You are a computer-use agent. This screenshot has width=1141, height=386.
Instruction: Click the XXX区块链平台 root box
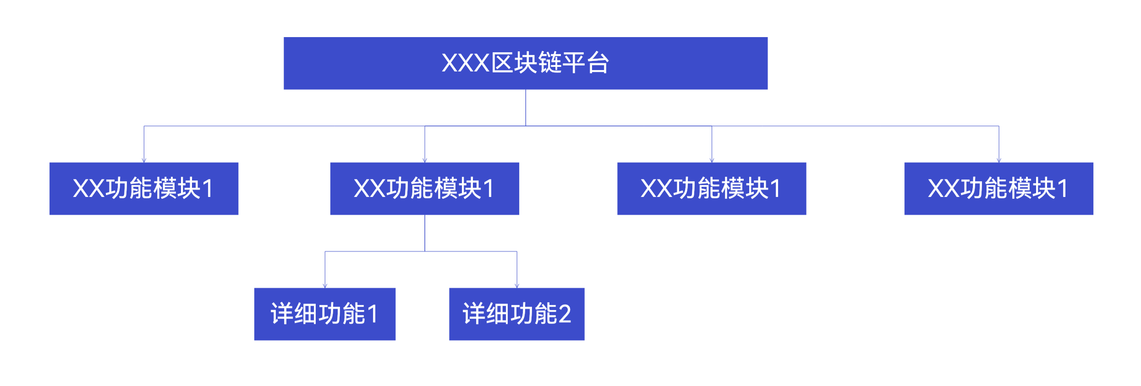tap(526, 63)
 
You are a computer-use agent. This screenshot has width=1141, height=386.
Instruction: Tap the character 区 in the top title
tap(502, 63)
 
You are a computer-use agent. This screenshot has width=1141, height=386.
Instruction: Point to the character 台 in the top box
tap(598, 63)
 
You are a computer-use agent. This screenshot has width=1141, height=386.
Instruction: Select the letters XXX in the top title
tap(465, 63)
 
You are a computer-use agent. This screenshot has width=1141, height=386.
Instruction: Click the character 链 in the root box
tap(550, 63)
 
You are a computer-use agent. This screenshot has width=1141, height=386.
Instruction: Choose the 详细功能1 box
tap(324, 314)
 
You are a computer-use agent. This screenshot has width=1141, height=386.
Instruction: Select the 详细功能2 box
tap(516, 314)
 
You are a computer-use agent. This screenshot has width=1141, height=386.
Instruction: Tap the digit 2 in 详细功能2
tap(564, 314)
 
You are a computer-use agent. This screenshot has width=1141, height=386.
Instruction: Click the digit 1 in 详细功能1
tap(373, 314)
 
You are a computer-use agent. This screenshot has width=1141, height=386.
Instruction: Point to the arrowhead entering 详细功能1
tap(325, 286)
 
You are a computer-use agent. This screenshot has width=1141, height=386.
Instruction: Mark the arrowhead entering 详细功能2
tap(517, 286)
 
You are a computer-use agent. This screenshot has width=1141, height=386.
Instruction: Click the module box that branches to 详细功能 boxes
tap(424, 189)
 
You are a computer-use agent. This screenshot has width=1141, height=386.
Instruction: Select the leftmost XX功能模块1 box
tap(144, 189)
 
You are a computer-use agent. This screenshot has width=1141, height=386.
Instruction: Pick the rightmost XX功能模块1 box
tap(998, 189)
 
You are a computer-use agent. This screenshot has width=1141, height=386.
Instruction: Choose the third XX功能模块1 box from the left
tap(712, 189)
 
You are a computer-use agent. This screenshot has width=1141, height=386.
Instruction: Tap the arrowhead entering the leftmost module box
tap(144, 160)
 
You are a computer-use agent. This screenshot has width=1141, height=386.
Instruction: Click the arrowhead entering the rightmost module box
tap(999, 160)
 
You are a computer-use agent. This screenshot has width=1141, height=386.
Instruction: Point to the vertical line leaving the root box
tap(526, 108)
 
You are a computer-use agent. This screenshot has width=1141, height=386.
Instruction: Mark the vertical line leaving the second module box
tap(425, 233)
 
